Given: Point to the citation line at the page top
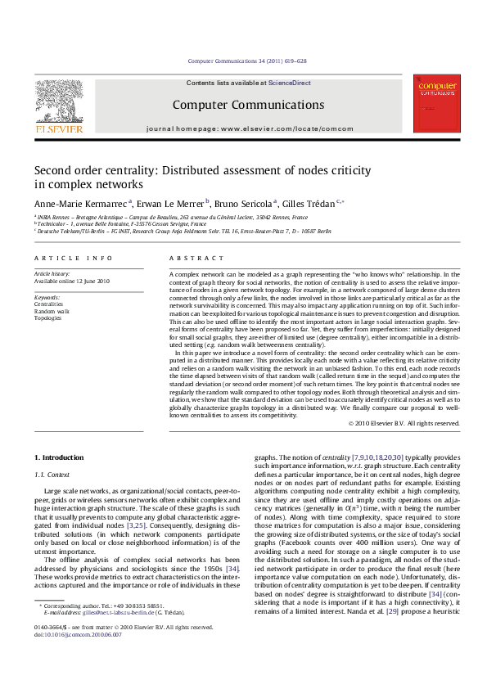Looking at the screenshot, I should (247, 61).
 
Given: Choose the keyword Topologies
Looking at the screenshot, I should (48, 318).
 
